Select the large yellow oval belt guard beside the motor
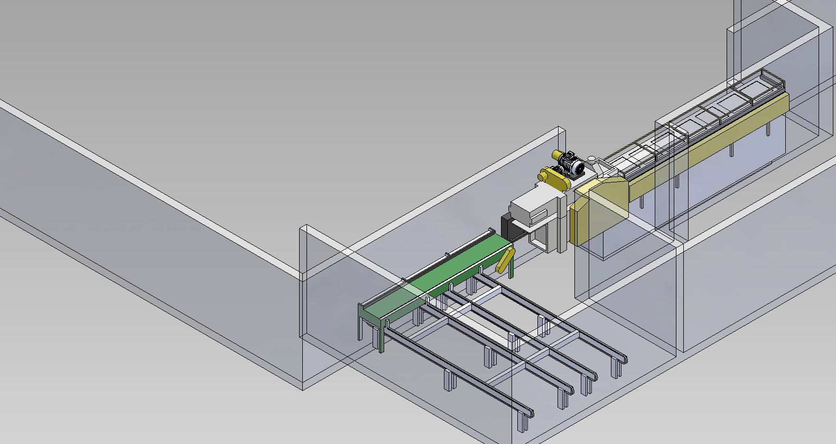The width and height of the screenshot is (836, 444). pos(555,180)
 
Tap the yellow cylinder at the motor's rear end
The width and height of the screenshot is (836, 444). pos(557,155)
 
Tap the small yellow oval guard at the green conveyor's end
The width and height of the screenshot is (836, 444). pos(506,260)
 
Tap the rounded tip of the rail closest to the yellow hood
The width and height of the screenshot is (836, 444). pos(624,359)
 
